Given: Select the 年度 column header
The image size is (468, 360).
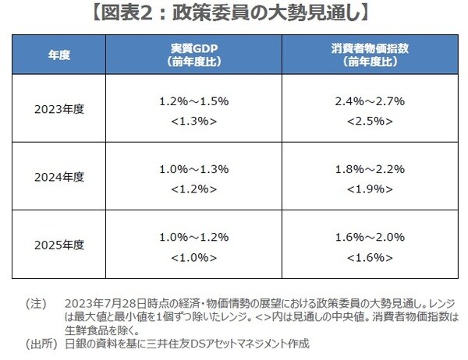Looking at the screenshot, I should [x=59, y=55].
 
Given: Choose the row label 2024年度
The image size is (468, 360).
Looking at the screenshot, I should [x=59, y=177].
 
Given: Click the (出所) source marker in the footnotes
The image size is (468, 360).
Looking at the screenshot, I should [x=38, y=343].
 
